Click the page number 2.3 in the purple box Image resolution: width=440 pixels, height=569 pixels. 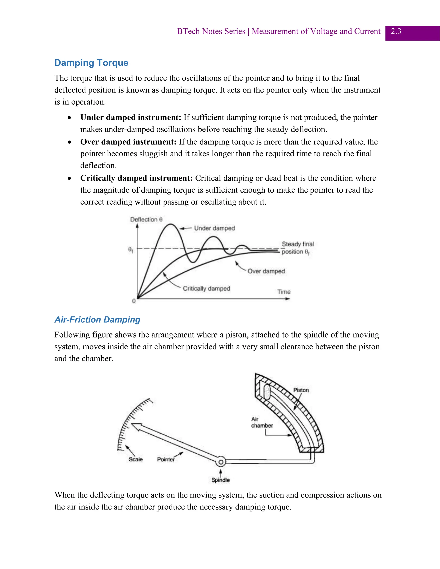396,32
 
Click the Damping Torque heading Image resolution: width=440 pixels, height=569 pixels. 91,63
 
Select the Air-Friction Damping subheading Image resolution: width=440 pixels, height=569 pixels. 97,319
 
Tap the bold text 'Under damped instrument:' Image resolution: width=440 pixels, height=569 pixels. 131,117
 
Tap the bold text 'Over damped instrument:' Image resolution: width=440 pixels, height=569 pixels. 128,142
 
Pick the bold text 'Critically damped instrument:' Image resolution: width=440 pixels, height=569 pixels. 136,178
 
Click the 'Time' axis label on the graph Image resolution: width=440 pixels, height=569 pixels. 284,292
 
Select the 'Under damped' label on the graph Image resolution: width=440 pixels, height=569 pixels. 214,228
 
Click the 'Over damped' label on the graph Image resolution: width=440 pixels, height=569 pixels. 266,271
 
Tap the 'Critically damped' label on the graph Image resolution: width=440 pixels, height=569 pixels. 206,288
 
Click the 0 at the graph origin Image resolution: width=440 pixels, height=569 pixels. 134,301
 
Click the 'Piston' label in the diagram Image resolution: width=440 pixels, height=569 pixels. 301,390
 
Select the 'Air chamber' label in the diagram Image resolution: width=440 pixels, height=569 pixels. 261,422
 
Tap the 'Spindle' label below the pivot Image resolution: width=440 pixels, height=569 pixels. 220,480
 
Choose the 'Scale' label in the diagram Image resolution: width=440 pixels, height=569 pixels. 136,459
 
